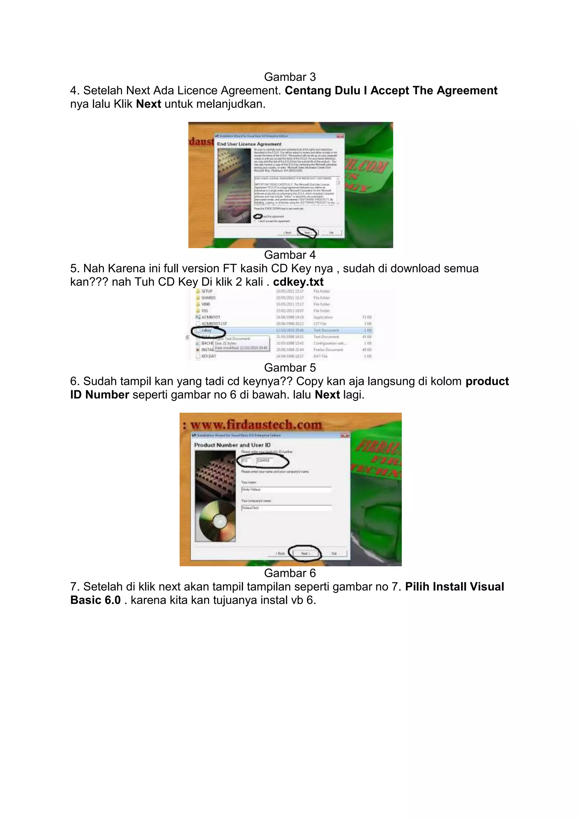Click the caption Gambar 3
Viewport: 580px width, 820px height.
click(290, 77)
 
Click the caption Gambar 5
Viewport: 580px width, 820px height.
click(290, 368)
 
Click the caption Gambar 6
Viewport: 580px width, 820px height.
click(290, 573)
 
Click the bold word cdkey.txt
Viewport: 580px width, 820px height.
click(298, 282)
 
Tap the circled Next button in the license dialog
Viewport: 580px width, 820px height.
click(307, 232)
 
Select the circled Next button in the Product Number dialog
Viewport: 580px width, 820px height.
click(305, 553)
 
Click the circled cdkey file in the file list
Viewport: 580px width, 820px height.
click(206, 330)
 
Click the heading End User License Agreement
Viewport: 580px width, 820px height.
click(249, 144)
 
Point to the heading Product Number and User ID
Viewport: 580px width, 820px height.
click(232, 445)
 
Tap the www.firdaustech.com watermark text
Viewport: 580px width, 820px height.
click(256, 425)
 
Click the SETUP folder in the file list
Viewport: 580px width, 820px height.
click(206, 291)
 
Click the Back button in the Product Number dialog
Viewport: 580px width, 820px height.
click(280, 553)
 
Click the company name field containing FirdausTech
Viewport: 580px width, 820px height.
click(286, 507)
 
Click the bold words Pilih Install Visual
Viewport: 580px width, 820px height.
click(454, 586)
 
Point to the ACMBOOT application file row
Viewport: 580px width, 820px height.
click(211, 317)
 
